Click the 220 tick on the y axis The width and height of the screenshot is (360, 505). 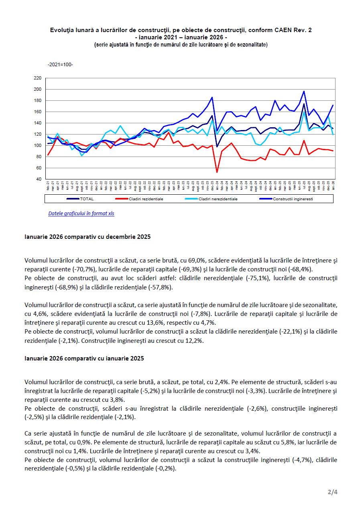pyautogui.click(x=38, y=78)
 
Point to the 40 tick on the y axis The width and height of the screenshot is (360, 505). pyautogui.click(x=39, y=179)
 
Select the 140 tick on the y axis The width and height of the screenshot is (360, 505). pyautogui.click(x=38, y=123)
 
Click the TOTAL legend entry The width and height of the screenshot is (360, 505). pyautogui.click(x=86, y=199)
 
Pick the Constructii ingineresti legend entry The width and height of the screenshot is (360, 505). pyautogui.click(x=293, y=199)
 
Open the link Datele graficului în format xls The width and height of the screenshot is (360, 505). pyautogui.click(x=81, y=214)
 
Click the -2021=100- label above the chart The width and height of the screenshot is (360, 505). pyautogui.click(x=60, y=65)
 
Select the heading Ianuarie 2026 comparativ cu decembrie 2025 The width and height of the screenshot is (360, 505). pyautogui.click(x=87, y=237)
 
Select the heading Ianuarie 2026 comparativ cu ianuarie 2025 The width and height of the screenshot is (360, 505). pyautogui.click(x=84, y=358)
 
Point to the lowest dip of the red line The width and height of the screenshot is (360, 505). pyautogui.click(x=217, y=172)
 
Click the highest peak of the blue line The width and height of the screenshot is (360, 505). pyautogui.click(x=304, y=92)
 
